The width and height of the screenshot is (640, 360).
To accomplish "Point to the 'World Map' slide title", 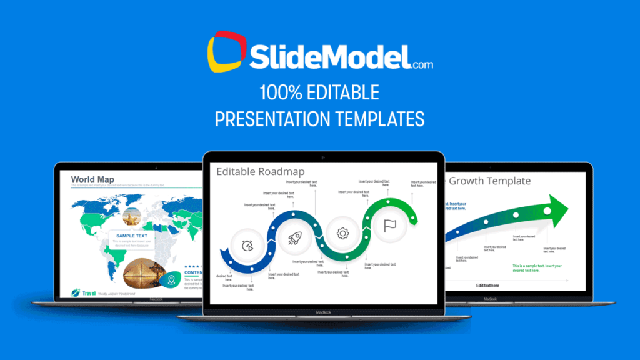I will [92, 179].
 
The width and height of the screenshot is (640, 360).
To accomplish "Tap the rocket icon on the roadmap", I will [295, 237].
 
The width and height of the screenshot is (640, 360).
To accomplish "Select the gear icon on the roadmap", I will [342, 234].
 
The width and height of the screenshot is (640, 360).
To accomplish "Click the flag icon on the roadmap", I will [389, 225].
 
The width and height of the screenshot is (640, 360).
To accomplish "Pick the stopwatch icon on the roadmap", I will [247, 246].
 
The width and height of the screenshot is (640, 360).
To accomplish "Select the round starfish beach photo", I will [132, 217].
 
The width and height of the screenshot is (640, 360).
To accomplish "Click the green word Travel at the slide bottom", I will [87, 292].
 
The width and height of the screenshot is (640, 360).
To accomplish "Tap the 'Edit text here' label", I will [487, 286].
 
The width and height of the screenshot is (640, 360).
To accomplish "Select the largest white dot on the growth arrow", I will [547, 211].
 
